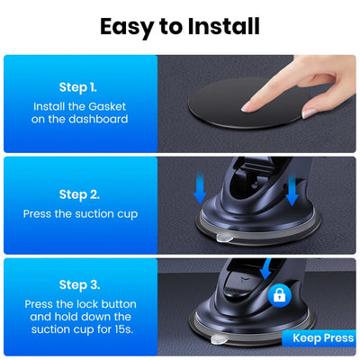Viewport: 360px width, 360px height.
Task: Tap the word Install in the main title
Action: [224, 26]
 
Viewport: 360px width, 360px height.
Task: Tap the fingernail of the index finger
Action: [309, 113]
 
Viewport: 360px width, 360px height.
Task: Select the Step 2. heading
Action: [77, 193]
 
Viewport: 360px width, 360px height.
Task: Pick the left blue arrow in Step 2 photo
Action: [202, 188]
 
